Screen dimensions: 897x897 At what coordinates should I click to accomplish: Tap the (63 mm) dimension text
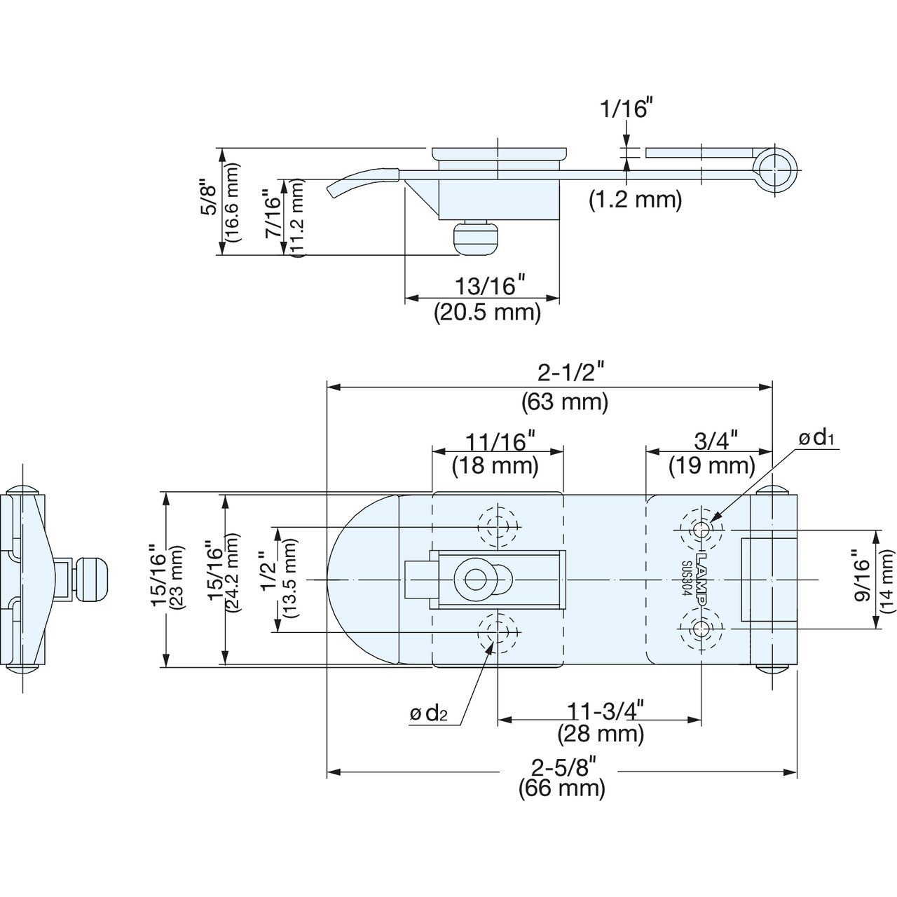[565, 402]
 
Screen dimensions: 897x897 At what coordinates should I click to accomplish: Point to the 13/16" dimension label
[490, 285]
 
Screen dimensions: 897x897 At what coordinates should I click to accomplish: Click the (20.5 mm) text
[487, 312]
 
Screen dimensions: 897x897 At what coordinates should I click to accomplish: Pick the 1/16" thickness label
[624, 109]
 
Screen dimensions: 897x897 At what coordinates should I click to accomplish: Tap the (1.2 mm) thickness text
[636, 199]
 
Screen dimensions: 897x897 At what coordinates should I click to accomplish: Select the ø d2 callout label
[428, 713]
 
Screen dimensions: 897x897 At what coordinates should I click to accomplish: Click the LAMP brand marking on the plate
[701, 580]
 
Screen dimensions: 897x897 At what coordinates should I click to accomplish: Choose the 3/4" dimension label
[715, 440]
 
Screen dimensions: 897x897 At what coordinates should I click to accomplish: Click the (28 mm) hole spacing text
[601, 734]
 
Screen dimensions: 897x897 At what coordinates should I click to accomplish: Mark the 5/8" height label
[208, 196]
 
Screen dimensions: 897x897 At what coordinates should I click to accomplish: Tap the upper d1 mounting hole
[701, 530]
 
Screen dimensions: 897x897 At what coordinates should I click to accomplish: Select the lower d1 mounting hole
[701, 630]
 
